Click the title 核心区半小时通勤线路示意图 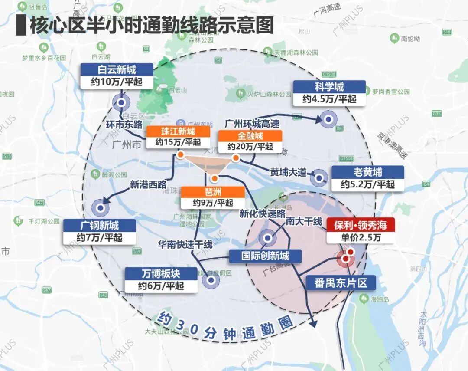[151, 25]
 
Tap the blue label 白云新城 [117, 70]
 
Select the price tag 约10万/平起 [117, 82]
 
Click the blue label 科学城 [329, 87]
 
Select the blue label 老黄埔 [367, 172]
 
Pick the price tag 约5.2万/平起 [367, 184]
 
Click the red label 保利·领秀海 [361, 225]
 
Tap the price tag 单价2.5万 [361, 237]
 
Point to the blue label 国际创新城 [265, 256]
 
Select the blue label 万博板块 [161, 274]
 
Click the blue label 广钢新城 [100, 225]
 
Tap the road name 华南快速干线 [185, 245]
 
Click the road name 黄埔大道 [288, 172]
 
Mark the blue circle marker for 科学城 [329, 119]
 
